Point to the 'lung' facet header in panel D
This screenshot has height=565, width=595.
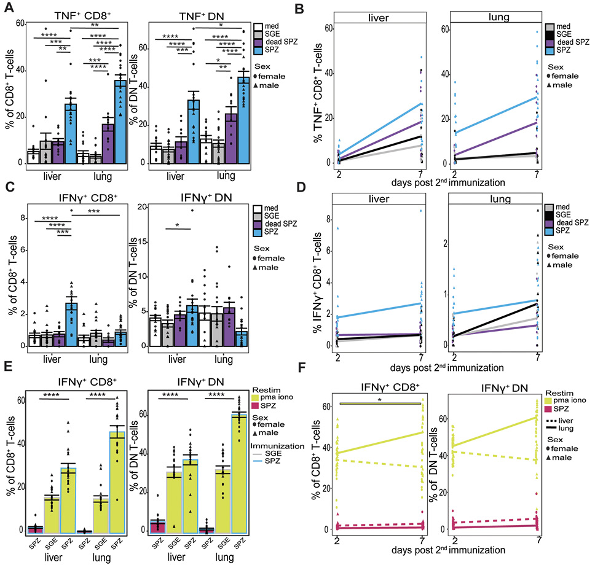pos(505,199)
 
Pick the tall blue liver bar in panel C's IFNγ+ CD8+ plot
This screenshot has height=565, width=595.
pos(71,324)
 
